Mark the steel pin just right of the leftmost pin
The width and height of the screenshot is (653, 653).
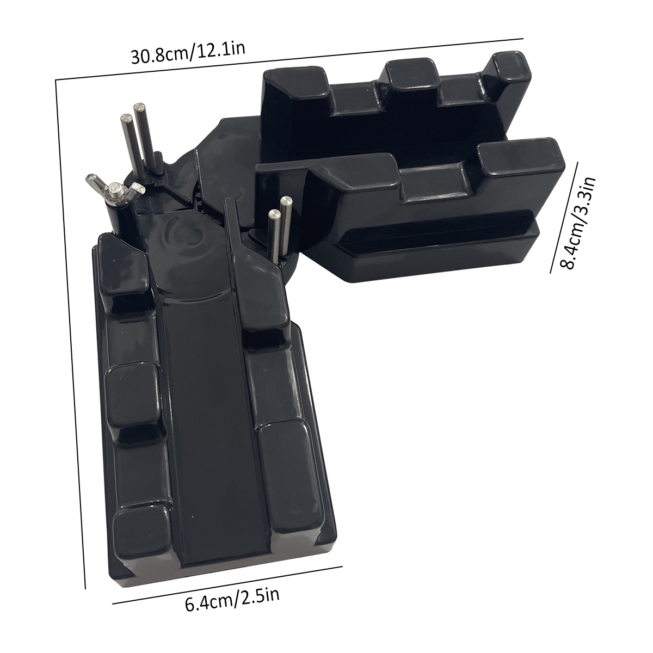click(143, 135)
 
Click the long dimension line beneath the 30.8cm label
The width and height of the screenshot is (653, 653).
click(289, 59)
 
